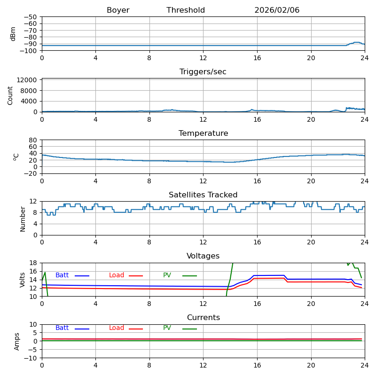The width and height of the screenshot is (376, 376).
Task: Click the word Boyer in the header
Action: tap(118, 10)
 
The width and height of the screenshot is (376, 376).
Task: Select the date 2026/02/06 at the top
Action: tap(277, 10)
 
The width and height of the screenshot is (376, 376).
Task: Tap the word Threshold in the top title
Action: tap(186, 10)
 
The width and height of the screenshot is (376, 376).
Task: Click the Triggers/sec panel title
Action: tap(203, 72)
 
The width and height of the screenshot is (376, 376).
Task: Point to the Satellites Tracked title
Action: tap(203, 195)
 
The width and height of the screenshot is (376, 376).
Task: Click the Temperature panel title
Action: tap(203, 133)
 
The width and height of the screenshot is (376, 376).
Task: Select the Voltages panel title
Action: tap(203, 256)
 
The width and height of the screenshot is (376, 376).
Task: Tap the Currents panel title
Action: tap(203, 318)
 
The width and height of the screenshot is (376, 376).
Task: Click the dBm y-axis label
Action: tap(13, 34)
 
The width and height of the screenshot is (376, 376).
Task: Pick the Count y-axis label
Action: tap(10, 95)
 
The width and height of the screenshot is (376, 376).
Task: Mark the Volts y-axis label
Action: tap(23, 280)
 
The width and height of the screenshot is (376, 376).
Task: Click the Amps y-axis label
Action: tap(17, 341)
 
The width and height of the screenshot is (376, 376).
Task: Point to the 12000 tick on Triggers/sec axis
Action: tap(28, 80)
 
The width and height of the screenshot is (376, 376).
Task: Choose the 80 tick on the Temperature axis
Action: tap(33, 140)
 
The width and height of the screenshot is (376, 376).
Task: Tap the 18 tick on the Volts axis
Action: tap(33, 263)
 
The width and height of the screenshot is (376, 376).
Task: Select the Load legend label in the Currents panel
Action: tap(117, 328)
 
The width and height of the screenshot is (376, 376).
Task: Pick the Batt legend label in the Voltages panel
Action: tap(62, 275)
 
